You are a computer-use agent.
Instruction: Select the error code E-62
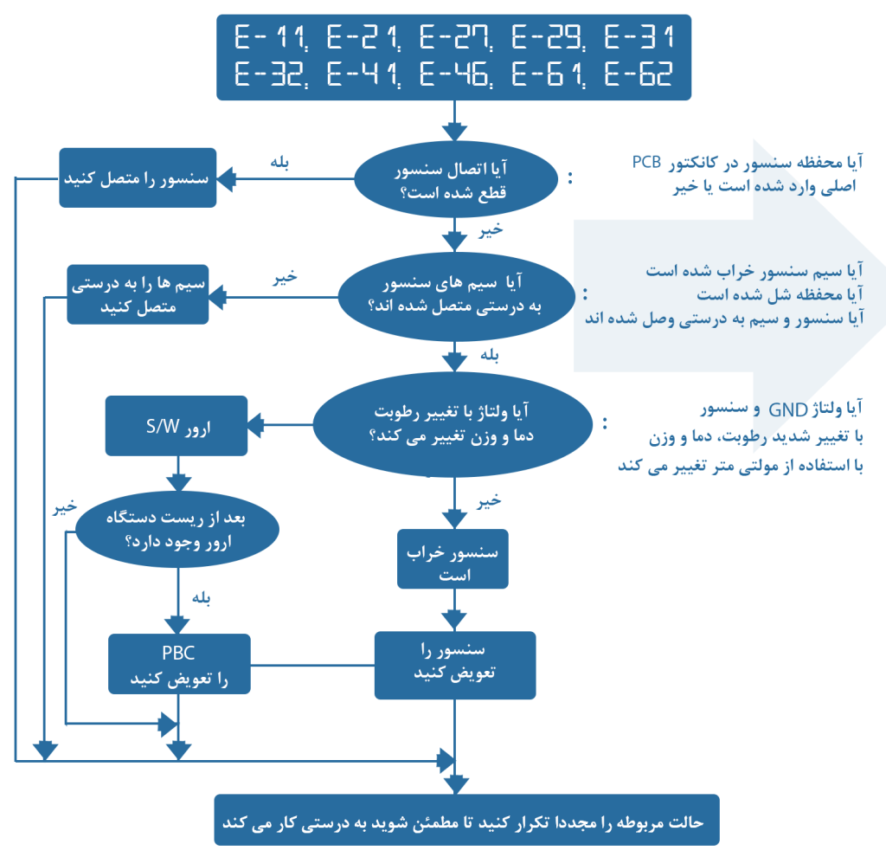point(638,75)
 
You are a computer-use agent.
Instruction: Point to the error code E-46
point(454,75)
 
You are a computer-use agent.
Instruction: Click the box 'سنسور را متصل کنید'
point(138,177)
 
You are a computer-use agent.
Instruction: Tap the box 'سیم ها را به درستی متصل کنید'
point(138,294)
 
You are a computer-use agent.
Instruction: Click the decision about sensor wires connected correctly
point(453,295)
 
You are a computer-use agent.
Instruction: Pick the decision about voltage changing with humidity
point(453,424)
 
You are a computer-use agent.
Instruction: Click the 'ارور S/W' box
point(177,425)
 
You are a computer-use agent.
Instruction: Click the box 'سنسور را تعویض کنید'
point(454,664)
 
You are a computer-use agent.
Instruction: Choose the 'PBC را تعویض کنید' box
point(179,664)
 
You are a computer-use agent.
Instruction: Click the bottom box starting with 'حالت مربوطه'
point(466,820)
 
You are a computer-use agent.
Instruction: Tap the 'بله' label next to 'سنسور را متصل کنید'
point(279,162)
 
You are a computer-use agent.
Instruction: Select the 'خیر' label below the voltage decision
point(490,500)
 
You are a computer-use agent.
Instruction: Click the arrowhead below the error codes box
point(454,131)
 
